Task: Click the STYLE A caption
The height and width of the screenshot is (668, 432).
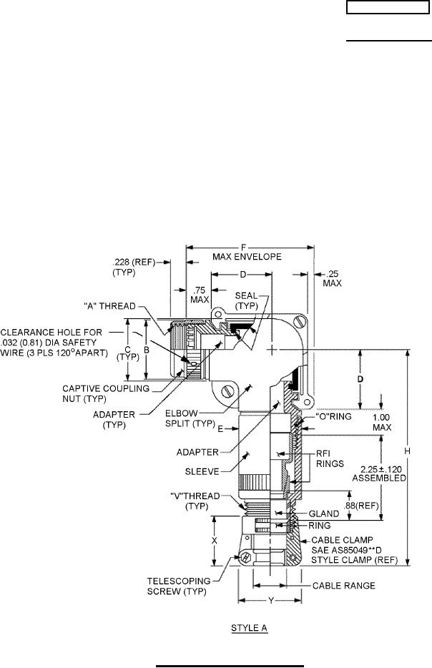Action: tap(249, 628)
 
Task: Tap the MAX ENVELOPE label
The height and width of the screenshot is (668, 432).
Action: tap(247, 257)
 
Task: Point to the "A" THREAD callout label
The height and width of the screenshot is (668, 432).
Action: tap(110, 306)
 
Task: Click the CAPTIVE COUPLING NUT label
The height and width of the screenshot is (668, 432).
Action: tap(106, 393)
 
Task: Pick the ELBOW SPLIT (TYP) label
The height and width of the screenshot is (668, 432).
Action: tap(190, 418)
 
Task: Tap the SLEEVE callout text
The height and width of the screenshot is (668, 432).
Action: tap(202, 471)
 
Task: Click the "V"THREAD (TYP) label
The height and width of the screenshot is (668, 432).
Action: tap(195, 501)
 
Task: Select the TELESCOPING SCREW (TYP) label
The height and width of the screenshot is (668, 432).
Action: tap(179, 586)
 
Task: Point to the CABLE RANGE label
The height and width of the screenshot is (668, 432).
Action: tap(344, 586)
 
